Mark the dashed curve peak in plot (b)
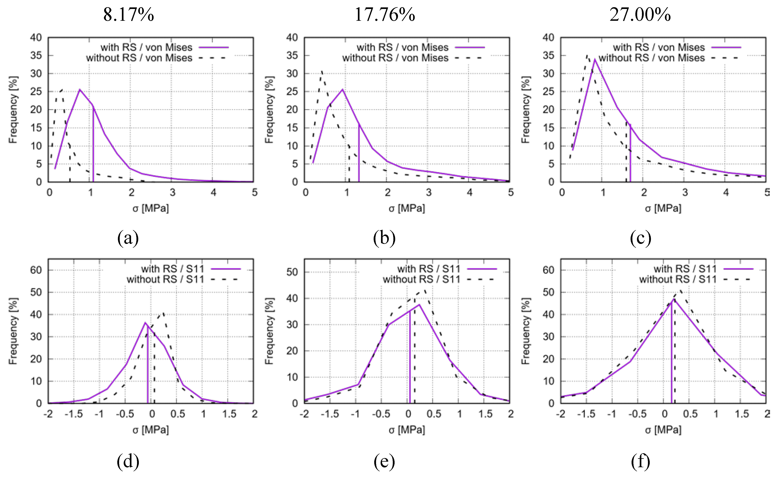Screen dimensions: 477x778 point(321,71)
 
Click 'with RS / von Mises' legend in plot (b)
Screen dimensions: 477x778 point(403,47)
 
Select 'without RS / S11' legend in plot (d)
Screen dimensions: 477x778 point(165,279)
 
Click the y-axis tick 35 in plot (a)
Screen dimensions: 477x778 point(36,56)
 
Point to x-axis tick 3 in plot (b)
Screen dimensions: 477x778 point(428,192)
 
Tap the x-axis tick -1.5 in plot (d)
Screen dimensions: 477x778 point(74,414)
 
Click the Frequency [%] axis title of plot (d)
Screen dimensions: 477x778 point(13,331)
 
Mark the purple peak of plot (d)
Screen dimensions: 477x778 point(145,323)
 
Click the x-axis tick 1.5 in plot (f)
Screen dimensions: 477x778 point(742,414)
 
